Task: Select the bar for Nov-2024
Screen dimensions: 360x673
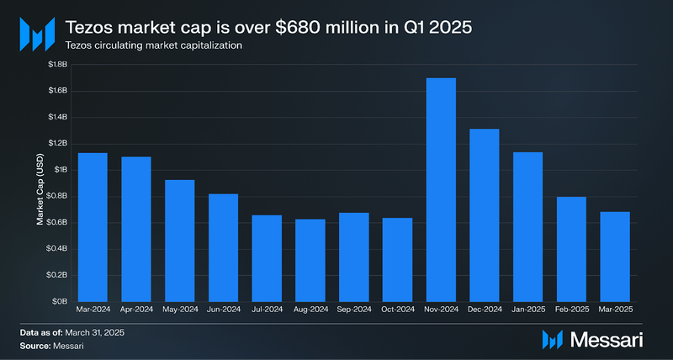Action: point(441,189)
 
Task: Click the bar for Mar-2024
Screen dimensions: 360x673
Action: point(93,227)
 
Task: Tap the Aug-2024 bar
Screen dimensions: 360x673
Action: point(310,260)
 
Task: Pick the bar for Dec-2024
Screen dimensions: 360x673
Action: point(485,214)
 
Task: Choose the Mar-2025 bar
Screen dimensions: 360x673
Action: point(615,256)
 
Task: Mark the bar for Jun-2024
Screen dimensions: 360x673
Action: point(223,247)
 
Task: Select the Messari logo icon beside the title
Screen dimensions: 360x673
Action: point(37,33)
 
